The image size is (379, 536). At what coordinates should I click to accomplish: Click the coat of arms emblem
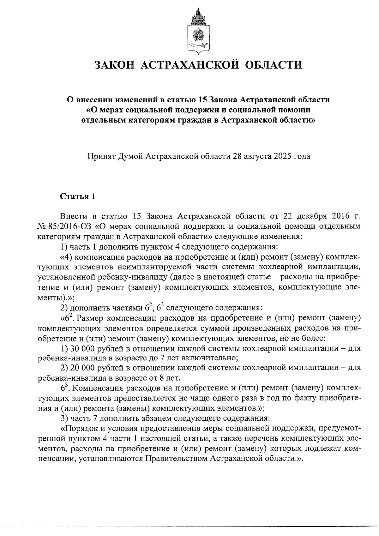(198, 31)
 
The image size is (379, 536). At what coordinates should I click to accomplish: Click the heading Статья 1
(77, 196)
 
